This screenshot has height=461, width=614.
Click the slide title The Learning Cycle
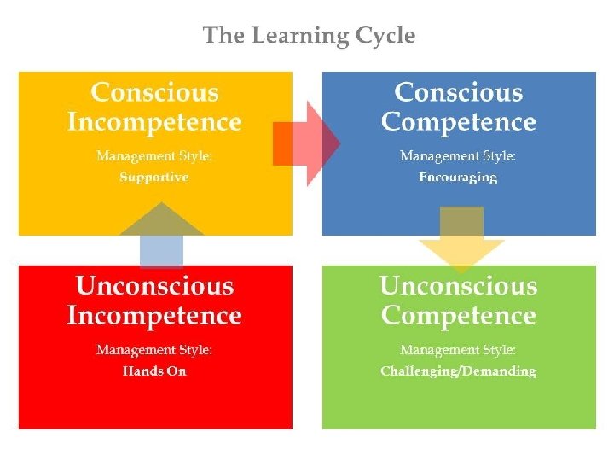(309, 36)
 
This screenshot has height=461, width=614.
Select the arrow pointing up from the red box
(161, 234)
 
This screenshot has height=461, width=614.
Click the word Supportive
(154, 178)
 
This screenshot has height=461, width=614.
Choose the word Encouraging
(458, 178)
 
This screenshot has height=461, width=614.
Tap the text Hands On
(154, 371)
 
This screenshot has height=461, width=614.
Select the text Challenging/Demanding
(458, 371)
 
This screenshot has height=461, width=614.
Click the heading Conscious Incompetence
(154, 107)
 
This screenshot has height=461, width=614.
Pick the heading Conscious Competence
(458, 107)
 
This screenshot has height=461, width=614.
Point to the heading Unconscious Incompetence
(154, 301)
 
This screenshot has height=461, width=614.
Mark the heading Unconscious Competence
(458, 301)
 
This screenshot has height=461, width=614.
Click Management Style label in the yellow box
(154, 156)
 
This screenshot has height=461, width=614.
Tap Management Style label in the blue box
(458, 156)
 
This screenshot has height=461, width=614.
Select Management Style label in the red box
(154, 350)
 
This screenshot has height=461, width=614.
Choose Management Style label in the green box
(458, 350)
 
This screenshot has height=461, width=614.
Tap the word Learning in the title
(294, 36)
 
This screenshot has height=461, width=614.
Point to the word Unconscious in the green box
(458, 285)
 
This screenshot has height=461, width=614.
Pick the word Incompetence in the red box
(154, 316)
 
